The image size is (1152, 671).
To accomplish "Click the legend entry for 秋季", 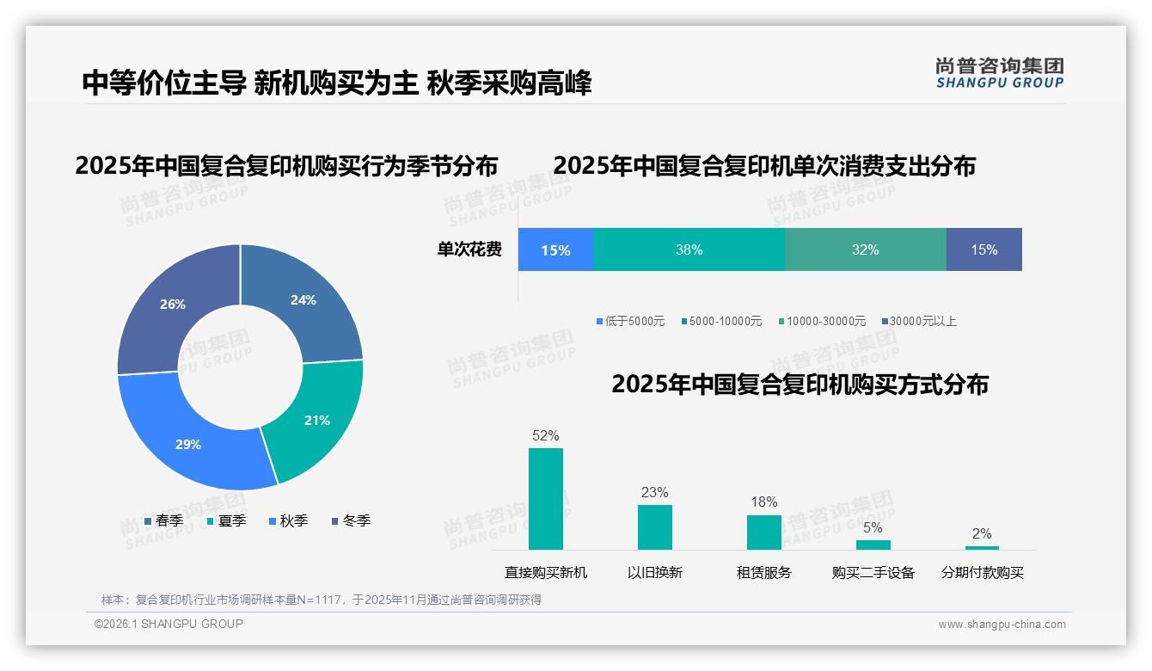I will pos(287,521).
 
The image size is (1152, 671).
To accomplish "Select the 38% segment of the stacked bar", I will pos(689,249).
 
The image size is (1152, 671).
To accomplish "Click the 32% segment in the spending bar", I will pos(865,249).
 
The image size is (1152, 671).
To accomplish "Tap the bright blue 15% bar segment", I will pos(555,249).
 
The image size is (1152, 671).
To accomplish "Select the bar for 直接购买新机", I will pos(546,499).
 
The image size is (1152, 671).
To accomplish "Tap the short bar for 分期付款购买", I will pos(982,547).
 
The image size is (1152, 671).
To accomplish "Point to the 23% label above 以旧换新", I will pos(654,493).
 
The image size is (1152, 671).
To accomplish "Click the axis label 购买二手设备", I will pos(873,573).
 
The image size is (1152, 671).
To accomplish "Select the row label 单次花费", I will pos(469,249).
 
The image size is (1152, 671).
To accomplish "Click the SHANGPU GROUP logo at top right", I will pos(999,73).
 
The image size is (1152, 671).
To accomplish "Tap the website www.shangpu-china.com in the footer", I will pos(1002,625).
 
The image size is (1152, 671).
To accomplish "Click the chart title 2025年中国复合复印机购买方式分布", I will pos(800,385).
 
